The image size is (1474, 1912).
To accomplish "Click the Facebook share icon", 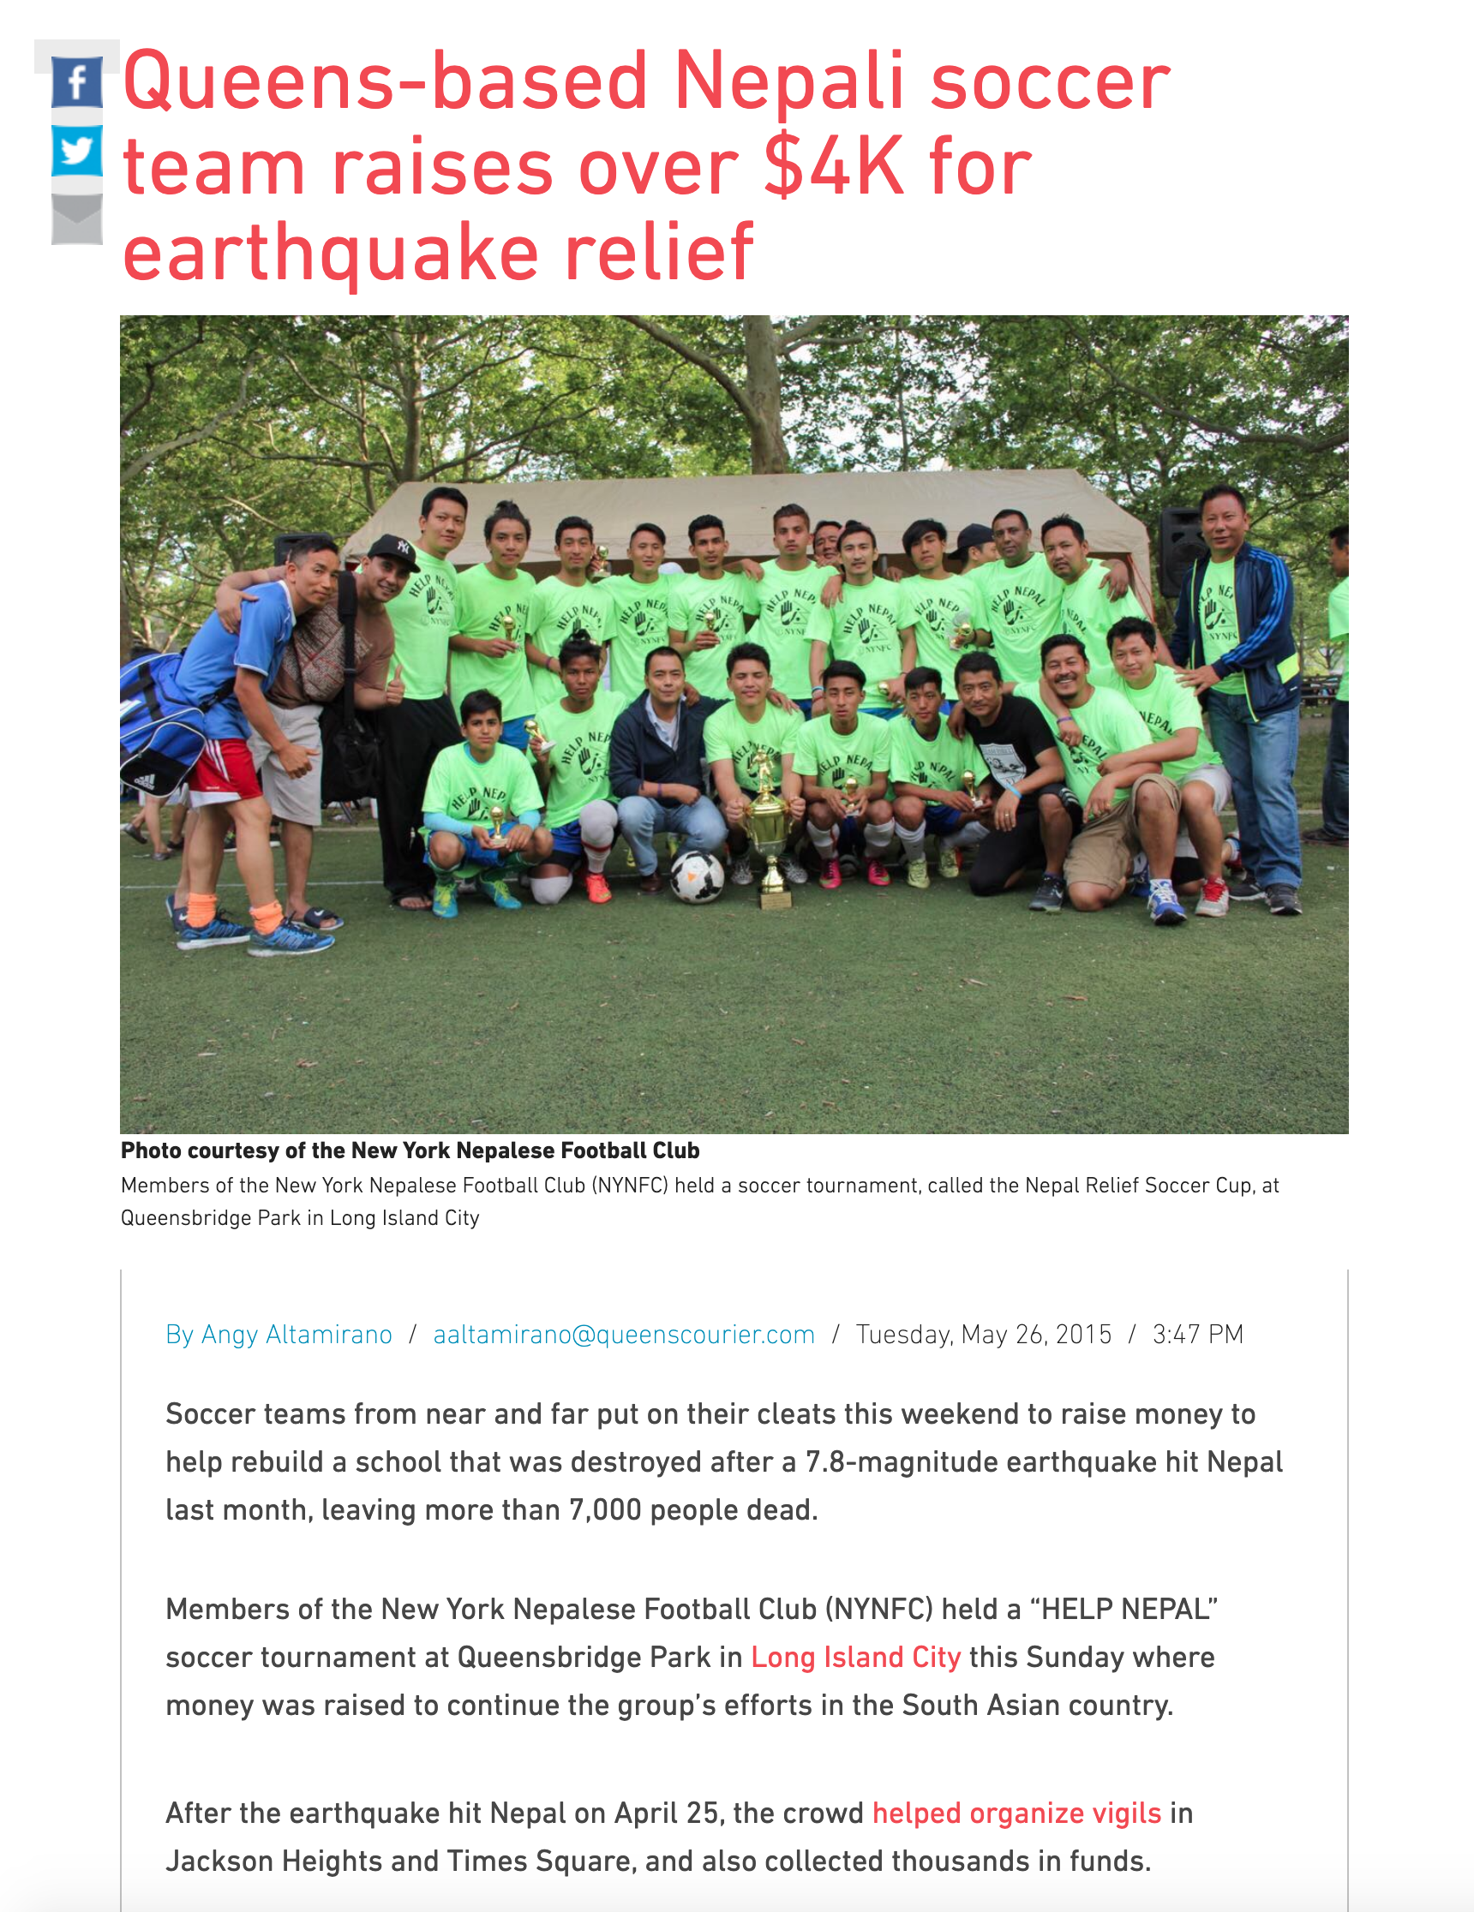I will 77,83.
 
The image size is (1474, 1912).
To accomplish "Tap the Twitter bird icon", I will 77,151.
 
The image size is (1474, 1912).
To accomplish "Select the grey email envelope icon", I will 77,218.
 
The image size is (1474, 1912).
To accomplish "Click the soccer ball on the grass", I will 697,875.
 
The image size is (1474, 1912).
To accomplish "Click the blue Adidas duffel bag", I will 162,726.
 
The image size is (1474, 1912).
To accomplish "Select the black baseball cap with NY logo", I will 393,550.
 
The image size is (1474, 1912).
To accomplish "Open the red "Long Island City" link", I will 855,1658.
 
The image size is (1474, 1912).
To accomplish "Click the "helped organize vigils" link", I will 1016,1813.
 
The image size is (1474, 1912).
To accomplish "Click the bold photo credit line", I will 410,1150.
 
